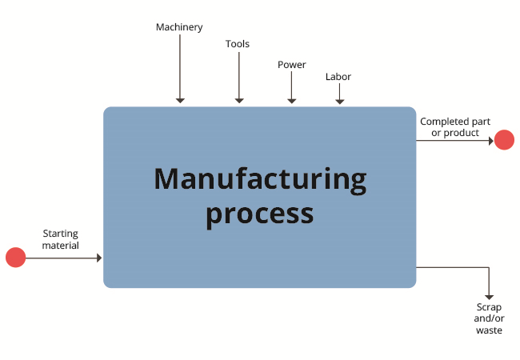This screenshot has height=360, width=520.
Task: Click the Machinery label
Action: [179, 27]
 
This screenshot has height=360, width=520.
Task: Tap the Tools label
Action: [238, 44]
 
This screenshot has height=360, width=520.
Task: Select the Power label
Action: [292, 64]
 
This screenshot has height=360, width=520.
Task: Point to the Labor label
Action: [338, 77]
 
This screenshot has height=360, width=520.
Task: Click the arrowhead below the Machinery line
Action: [180, 101]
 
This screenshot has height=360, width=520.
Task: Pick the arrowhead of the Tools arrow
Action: [239, 101]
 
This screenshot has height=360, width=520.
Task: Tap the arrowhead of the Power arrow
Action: [291, 101]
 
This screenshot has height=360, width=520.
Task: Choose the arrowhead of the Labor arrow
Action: [339, 102]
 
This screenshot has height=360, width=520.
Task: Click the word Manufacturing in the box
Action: [260, 179]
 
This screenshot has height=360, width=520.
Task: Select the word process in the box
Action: [260, 215]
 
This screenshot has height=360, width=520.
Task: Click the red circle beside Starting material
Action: [15, 258]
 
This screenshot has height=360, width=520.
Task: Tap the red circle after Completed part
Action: [504, 140]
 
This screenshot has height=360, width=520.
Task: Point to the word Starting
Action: [60, 234]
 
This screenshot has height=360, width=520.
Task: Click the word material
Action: [60, 246]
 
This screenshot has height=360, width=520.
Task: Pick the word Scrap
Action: [489, 307]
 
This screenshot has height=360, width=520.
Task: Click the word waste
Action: [489, 330]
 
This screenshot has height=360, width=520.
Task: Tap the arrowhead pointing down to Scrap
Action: [489, 298]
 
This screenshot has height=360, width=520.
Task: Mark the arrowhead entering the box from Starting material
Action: [99, 258]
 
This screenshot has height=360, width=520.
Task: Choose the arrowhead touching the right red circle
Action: [491, 141]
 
